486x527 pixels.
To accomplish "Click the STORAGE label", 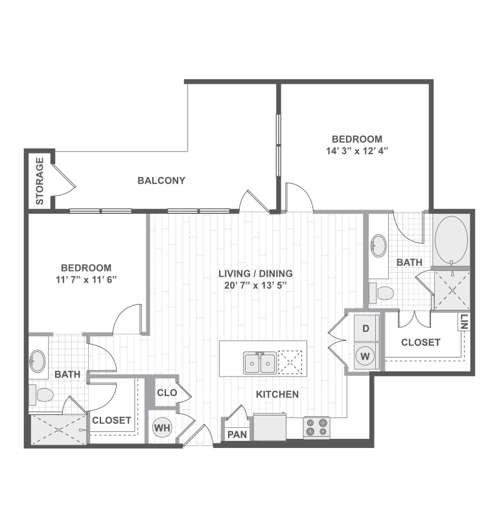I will pyautogui.click(x=40, y=181).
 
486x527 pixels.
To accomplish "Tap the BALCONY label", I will pyautogui.click(x=161, y=180).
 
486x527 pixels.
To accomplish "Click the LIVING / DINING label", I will pyautogui.click(x=255, y=273).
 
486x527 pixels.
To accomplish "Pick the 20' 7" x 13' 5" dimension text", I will pyautogui.click(x=255, y=285).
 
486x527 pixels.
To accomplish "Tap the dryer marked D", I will pyautogui.click(x=365, y=329).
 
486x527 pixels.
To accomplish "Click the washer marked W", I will pyautogui.click(x=365, y=355).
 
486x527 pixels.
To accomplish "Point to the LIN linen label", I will pyautogui.click(x=464, y=321).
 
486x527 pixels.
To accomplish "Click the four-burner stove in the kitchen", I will pyautogui.click(x=316, y=427).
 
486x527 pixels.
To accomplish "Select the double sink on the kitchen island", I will pyautogui.click(x=260, y=362).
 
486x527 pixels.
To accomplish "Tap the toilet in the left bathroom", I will pyautogui.click(x=43, y=393).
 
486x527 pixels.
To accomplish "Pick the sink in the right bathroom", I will pyautogui.click(x=378, y=246).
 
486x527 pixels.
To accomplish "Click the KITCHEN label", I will pyautogui.click(x=277, y=394).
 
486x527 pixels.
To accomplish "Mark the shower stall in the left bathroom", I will pyautogui.click(x=58, y=429).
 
